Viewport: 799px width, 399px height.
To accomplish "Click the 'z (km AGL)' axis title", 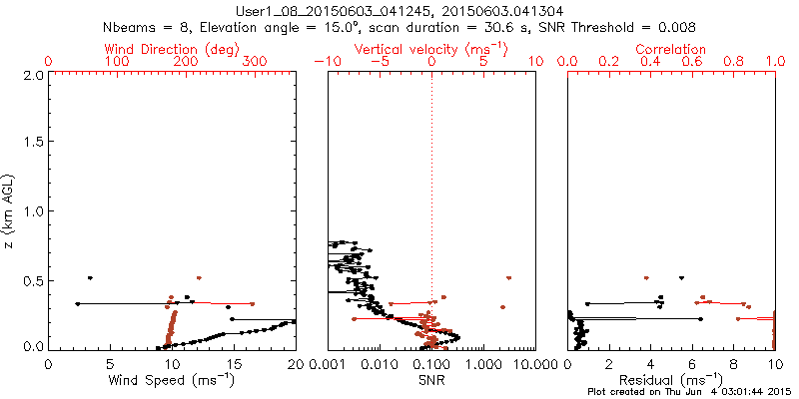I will tap(11, 211).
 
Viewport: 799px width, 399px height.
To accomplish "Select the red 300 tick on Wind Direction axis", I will tap(256, 62).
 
